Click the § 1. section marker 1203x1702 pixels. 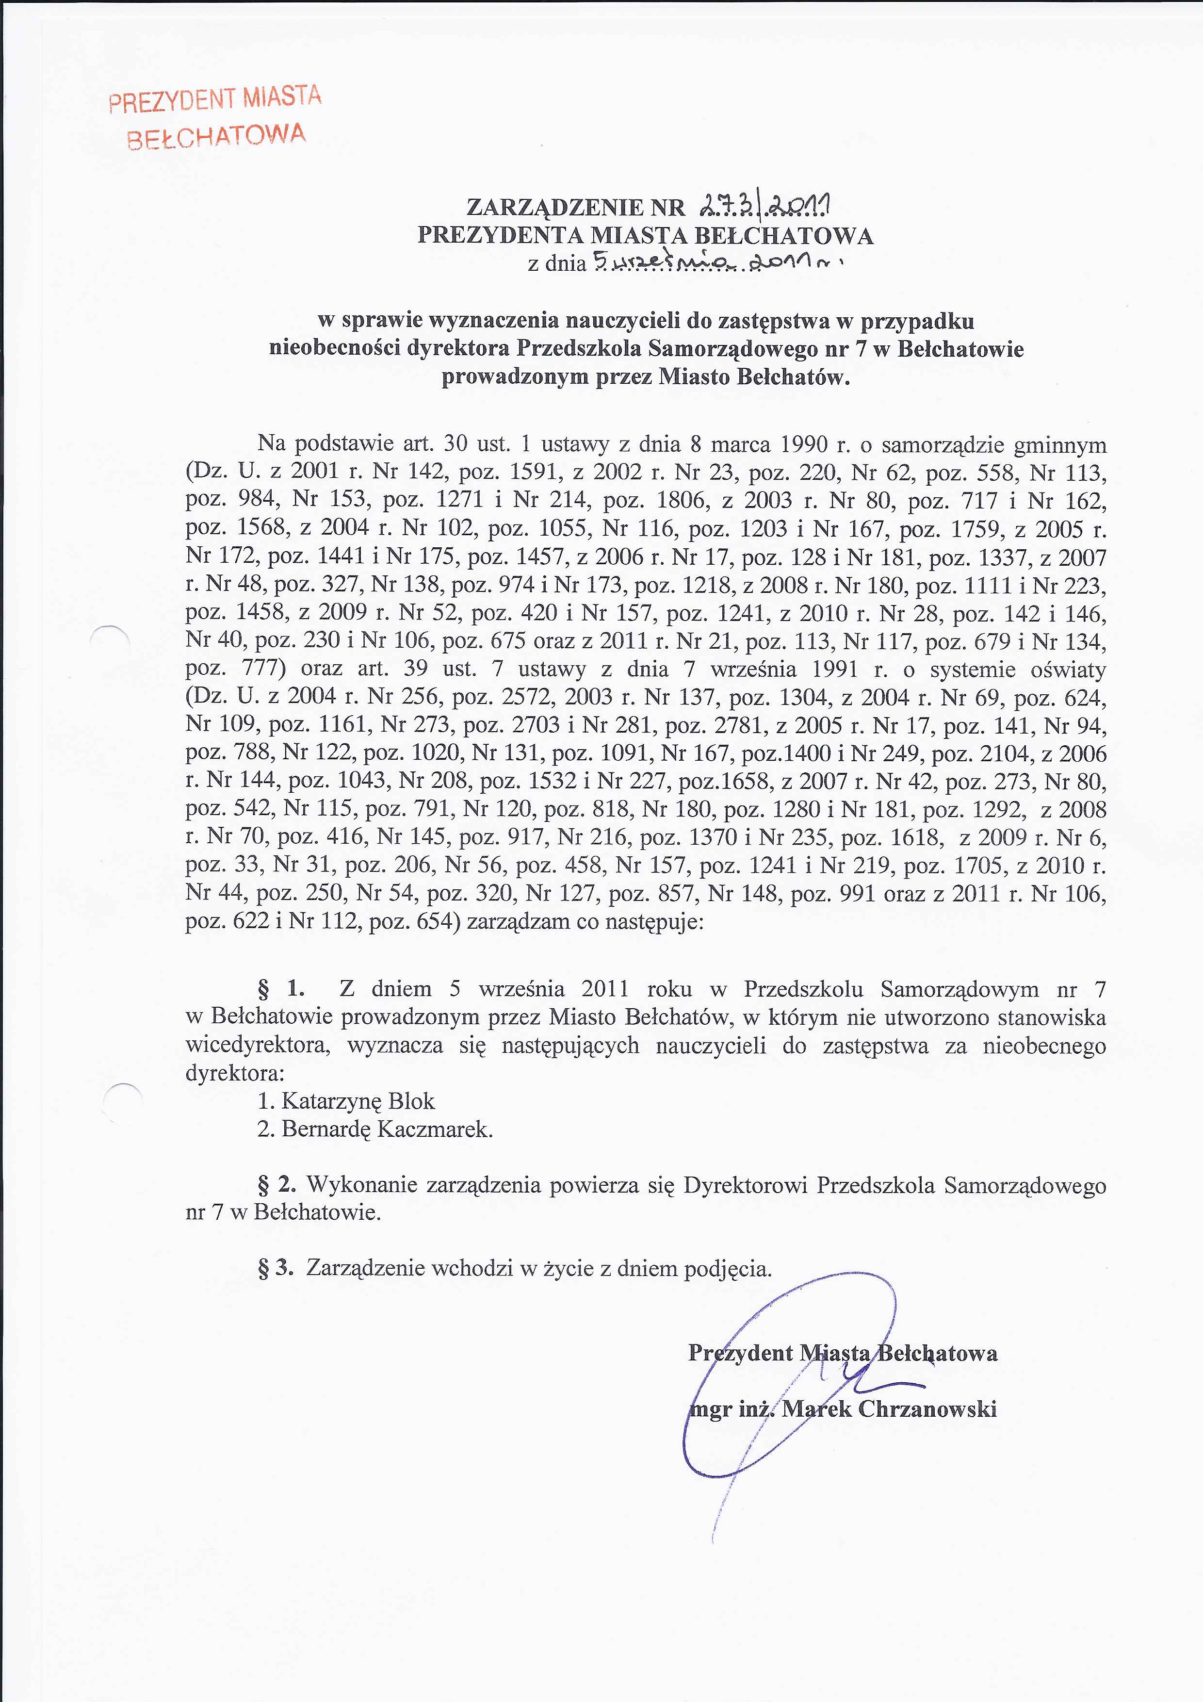coord(280,989)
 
